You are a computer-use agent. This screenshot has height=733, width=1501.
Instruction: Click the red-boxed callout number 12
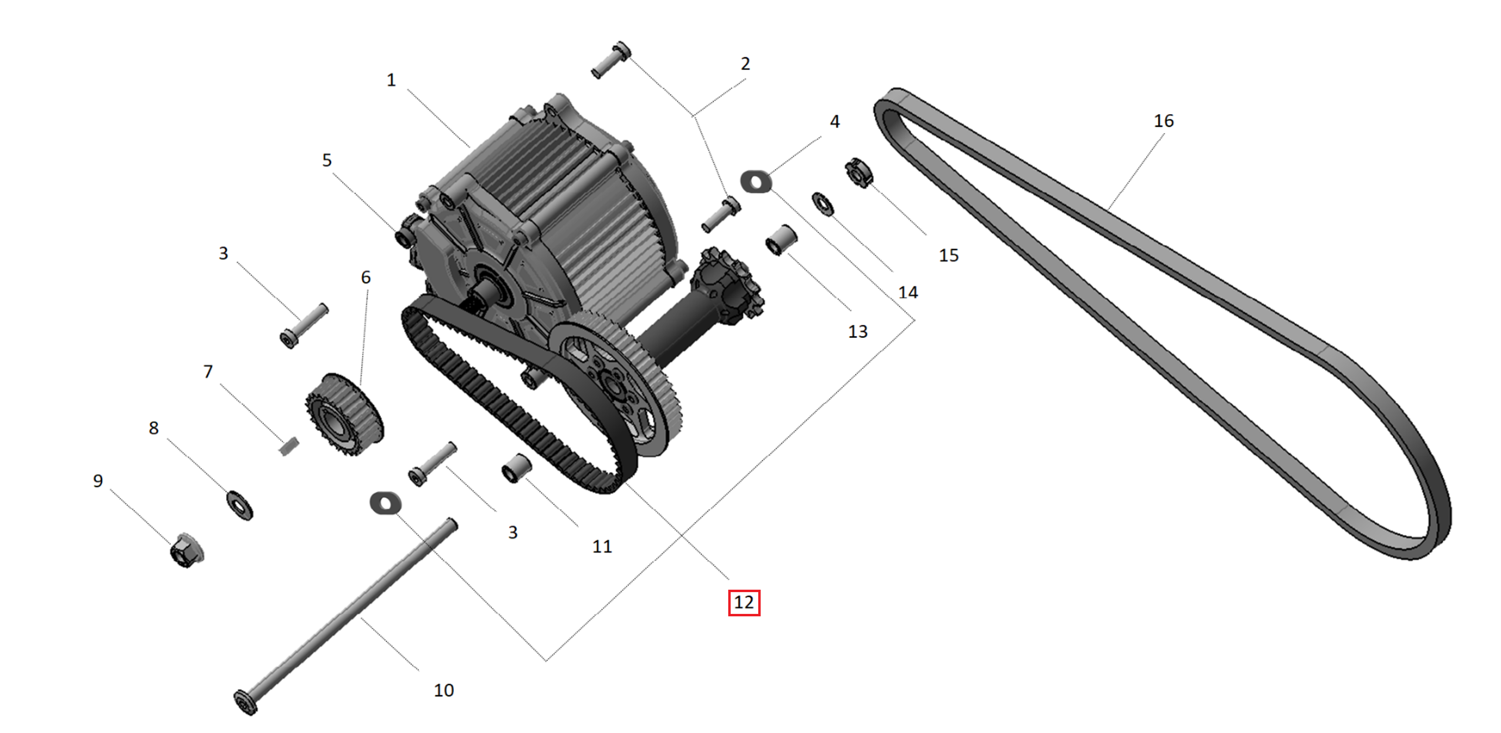pyautogui.click(x=744, y=602)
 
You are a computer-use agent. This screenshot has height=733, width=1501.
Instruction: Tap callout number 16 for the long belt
pyautogui.click(x=1164, y=121)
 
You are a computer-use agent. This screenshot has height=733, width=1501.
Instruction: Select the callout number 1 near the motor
pyautogui.click(x=391, y=80)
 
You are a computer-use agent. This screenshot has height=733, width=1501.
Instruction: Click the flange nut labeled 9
pyautogui.click(x=186, y=550)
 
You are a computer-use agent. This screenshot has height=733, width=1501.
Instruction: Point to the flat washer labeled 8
pyautogui.click(x=240, y=504)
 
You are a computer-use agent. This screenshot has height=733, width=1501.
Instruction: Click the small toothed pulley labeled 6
pyautogui.click(x=344, y=414)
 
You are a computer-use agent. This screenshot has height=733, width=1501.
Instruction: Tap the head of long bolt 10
pyautogui.click(x=245, y=702)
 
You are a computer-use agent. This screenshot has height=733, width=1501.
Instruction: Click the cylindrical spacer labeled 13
pyautogui.click(x=781, y=239)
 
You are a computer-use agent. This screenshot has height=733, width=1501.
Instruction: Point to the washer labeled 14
pyautogui.click(x=823, y=203)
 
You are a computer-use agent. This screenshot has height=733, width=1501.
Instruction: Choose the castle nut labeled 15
pyautogui.click(x=859, y=173)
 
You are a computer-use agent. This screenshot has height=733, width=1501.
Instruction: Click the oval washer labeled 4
pyautogui.click(x=756, y=182)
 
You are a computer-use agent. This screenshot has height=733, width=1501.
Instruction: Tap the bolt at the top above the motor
pyautogui.click(x=611, y=60)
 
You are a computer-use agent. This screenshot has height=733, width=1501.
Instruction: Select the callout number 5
pyautogui.click(x=327, y=160)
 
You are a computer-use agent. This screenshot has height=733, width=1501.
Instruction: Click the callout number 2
pyautogui.click(x=745, y=63)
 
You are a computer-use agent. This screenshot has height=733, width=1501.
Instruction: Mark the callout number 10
pyautogui.click(x=443, y=690)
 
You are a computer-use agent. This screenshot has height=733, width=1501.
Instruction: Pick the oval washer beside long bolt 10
pyautogui.click(x=385, y=503)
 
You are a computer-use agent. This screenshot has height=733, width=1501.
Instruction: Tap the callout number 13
pyautogui.click(x=857, y=332)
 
